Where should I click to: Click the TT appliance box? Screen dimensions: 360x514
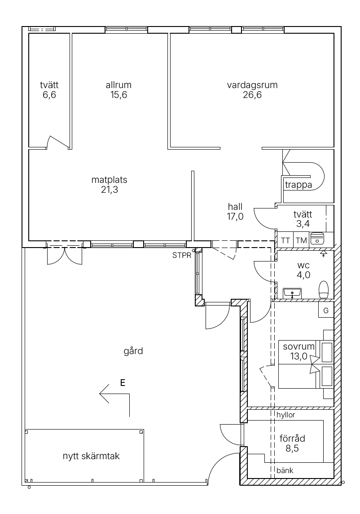coord(285,240)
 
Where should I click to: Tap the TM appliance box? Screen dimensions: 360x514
coord(301,240)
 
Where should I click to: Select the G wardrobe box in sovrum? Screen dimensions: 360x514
coord(326,310)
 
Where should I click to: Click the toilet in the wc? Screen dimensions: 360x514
coord(324,289)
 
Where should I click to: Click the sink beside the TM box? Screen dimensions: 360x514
coord(317,238)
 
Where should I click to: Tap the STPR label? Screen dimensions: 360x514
coord(182,255)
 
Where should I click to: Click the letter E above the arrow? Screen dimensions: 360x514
coord(123,382)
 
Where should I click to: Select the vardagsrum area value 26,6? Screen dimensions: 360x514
coord(252,95)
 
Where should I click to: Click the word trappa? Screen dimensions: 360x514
coord(299,185)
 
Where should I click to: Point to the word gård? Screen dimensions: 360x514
coord(133,351)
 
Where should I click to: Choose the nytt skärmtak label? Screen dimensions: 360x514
coord(91,456)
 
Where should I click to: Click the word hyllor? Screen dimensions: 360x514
coord(286,415)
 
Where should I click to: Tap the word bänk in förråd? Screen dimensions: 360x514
coord(285,470)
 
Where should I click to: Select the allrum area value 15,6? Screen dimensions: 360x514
coord(119,95)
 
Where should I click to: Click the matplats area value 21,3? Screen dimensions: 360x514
coord(110,190)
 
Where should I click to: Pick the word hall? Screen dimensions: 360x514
coord(235,207)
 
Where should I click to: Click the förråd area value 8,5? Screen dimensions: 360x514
coord(292,448)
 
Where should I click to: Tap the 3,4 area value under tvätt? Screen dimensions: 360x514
coord(303,224)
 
